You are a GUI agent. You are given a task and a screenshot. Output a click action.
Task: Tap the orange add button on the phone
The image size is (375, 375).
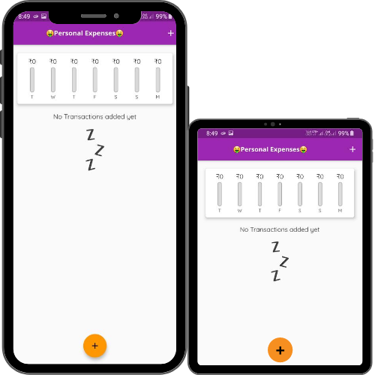pos(95,346)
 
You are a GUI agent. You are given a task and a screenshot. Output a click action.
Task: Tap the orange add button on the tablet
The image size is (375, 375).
pos(280,350)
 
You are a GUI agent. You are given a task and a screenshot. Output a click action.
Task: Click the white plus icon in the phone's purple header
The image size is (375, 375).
pos(171,33)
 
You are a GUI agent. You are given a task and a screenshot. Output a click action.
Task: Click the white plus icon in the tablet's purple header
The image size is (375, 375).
pos(352,149)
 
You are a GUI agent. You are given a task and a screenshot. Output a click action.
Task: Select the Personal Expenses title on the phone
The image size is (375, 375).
pos(85,33)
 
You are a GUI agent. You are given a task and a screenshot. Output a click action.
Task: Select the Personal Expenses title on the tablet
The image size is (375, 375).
pos(270,149)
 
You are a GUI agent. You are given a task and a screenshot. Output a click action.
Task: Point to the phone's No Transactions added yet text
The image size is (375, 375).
pos(94,117)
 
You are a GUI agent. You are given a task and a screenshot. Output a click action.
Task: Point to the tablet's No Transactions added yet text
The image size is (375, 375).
pos(280,229)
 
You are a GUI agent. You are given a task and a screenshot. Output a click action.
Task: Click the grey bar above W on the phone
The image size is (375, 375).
pos(53,79)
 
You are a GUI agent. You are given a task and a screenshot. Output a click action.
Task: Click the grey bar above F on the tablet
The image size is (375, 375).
pos(280,194)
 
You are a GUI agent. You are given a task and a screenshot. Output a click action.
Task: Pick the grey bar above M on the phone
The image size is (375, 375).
pos(157,79)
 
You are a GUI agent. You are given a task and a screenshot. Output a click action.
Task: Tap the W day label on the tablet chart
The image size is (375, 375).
pos(239,211)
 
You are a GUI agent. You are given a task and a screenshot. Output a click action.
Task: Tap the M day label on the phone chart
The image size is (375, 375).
pos(157,97)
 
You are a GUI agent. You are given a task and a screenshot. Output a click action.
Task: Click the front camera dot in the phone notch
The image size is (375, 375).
pos(116,16)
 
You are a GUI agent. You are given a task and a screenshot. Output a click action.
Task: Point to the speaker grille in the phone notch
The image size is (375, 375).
pos(94,16)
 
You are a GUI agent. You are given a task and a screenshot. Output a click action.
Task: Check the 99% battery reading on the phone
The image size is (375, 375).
pos(161,16)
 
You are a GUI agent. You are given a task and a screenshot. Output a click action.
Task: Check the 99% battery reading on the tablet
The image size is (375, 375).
pos(343,133)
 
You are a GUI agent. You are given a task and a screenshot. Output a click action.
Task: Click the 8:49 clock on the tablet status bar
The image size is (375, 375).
pos(212,133)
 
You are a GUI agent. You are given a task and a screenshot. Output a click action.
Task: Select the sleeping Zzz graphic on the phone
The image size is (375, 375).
pos(94,150)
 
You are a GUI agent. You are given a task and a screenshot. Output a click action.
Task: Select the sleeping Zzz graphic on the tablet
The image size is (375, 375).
pos(280,261)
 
